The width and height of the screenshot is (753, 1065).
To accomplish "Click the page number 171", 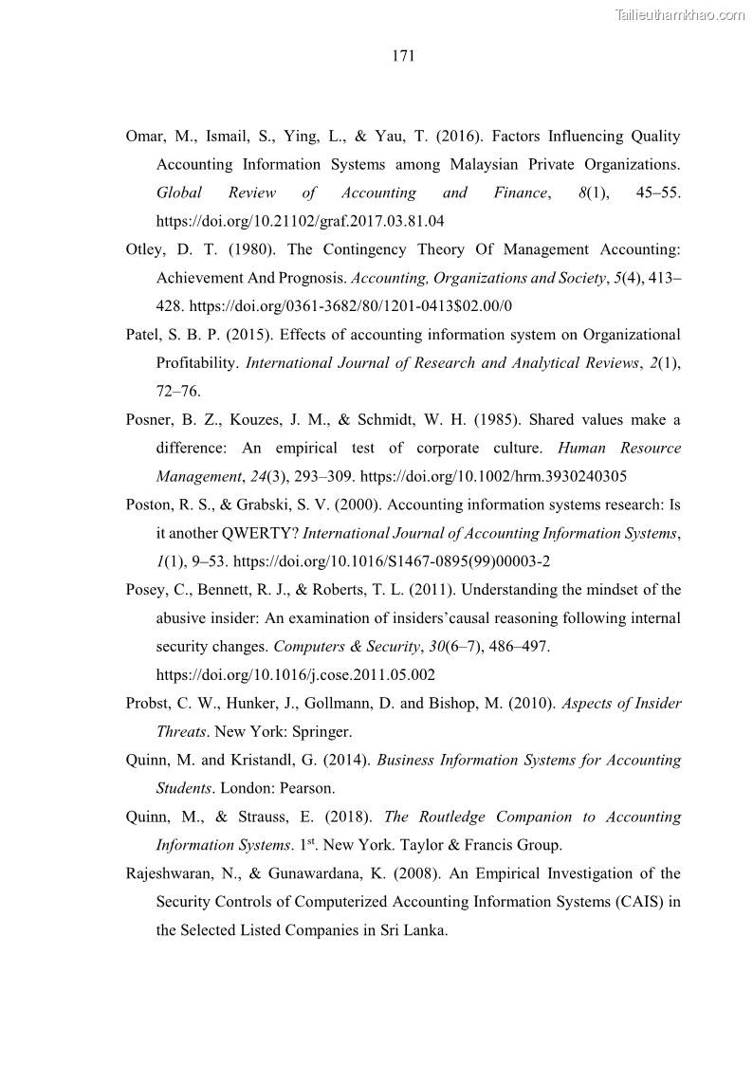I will point(403,57).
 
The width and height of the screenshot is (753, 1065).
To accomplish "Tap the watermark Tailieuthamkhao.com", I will point(680,14).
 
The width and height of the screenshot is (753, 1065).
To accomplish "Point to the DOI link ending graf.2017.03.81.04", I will point(301,221).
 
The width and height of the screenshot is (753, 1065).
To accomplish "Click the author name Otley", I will point(145,249).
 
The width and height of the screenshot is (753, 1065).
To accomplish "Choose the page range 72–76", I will point(178,391).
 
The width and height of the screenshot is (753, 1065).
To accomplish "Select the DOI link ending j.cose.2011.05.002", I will point(296,674).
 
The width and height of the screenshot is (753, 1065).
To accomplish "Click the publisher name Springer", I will point(325,731).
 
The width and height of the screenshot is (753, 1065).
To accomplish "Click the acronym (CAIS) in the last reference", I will point(636,902).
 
